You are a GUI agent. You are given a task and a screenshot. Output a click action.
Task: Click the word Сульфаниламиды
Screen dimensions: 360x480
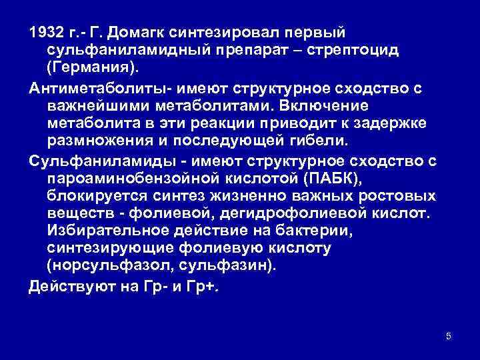click(93, 159)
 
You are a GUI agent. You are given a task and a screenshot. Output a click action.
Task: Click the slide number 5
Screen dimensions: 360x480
click(448, 336)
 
